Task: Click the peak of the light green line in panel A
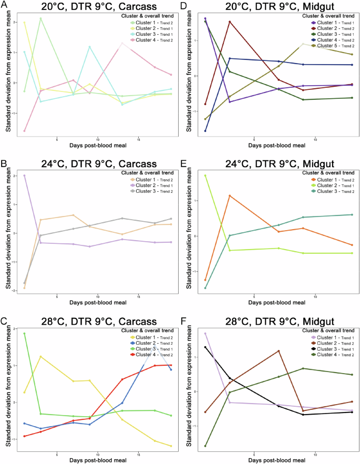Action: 40,18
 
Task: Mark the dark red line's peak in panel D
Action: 229,22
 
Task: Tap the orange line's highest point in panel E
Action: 229,195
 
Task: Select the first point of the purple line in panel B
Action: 24,176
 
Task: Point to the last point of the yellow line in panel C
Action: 171,446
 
